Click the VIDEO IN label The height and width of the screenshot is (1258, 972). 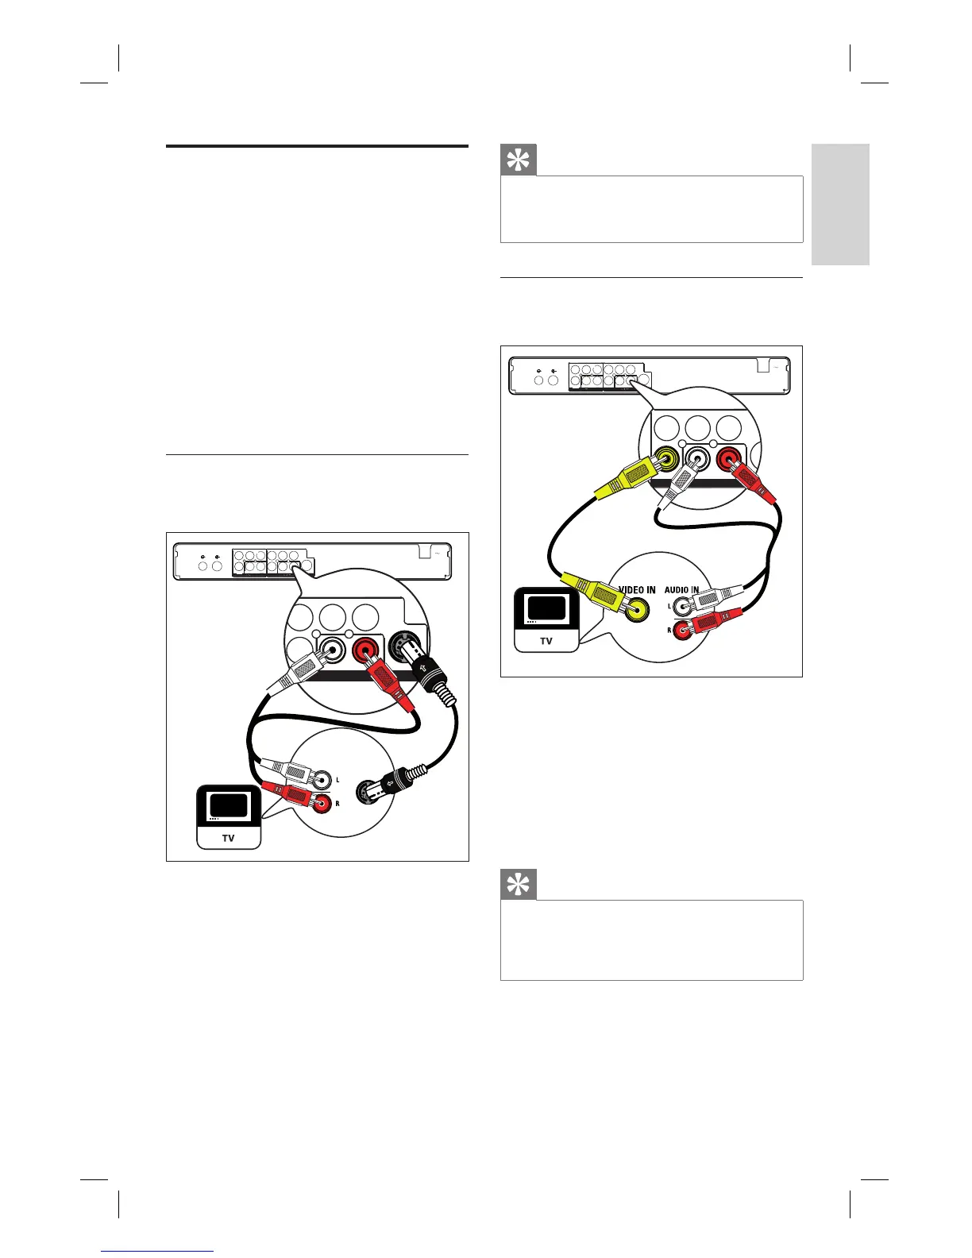point(637,590)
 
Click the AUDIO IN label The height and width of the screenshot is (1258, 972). point(681,590)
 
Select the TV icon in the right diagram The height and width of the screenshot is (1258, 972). point(546,619)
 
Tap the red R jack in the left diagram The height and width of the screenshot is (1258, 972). point(322,803)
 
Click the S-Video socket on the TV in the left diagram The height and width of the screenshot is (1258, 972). point(368,792)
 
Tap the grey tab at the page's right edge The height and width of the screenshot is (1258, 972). point(840,204)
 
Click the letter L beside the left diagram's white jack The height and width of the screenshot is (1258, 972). point(337,781)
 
